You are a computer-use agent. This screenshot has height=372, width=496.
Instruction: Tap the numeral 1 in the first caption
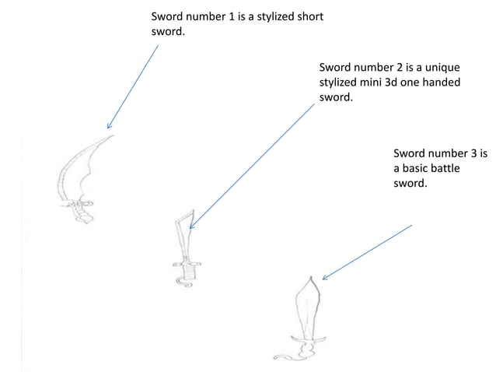coord(231,16)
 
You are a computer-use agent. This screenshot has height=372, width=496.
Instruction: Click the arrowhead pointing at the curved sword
coord(109,125)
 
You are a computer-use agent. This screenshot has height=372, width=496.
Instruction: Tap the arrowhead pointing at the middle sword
coord(192,225)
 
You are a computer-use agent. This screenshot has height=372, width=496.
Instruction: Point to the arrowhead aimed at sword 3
coord(324,277)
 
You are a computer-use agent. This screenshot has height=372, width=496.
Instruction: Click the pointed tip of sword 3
coord(311,278)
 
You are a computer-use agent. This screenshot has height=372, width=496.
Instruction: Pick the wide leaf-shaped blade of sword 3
coord(309,307)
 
